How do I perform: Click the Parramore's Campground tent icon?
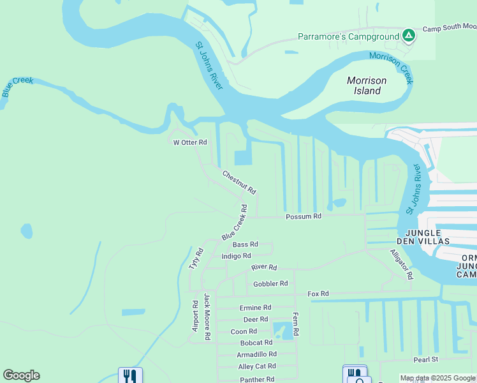click(x=409, y=36)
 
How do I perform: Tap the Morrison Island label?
click(x=367, y=86)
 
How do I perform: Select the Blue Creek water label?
click(x=17, y=87)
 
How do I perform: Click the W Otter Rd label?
click(x=190, y=142)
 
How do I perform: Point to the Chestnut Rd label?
click(x=239, y=182)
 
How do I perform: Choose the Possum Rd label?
click(x=304, y=216)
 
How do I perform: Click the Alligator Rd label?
click(x=402, y=264)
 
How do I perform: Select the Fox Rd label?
click(x=318, y=294)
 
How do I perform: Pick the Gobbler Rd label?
click(x=270, y=283)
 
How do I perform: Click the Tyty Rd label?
click(x=195, y=259)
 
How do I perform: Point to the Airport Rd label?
click(x=196, y=317)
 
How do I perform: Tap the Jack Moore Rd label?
click(x=207, y=317)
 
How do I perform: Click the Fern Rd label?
click(x=295, y=324)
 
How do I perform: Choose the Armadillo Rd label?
click(x=256, y=354)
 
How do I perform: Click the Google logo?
click(x=21, y=375)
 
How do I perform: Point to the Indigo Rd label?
click(x=236, y=256)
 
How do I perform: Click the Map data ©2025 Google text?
click(x=437, y=378)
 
